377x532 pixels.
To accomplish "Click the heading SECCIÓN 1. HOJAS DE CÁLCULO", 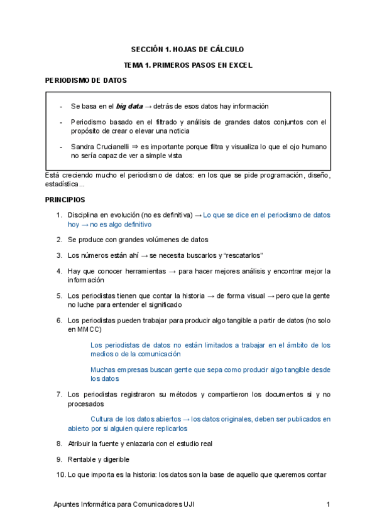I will pyautogui.click(x=187, y=49).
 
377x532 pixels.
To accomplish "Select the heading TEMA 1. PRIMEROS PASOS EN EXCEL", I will pyautogui.click(x=188, y=65).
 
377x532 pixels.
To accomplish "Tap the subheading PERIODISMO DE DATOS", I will pyautogui.click(x=86, y=81).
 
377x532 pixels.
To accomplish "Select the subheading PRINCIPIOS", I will pyautogui.click(x=65, y=199).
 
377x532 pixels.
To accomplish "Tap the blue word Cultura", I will pyautogui.click(x=104, y=418).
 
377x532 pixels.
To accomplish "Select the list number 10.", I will pyautogui.click(x=60, y=474).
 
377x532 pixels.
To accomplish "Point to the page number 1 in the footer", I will pyautogui.click(x=329, y=504).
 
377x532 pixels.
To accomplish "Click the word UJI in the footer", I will pyautogui.click(x=188, y=504).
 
